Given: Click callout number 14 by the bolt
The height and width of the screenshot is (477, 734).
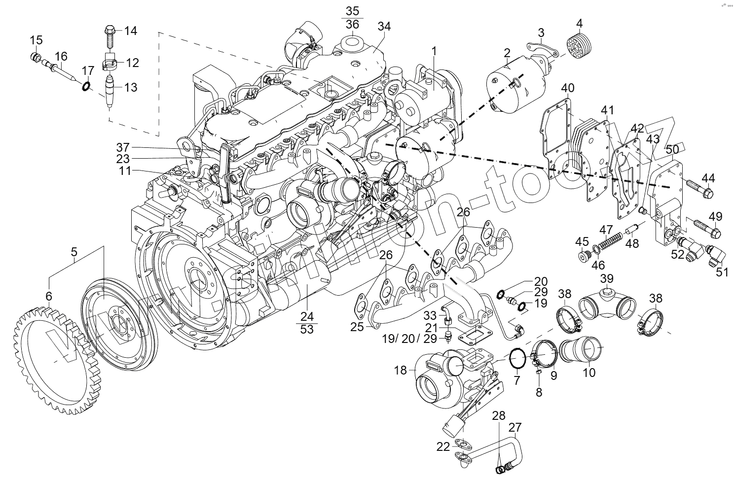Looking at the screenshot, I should (130, 31).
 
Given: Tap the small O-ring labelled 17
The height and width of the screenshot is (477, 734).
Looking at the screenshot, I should (86, 86).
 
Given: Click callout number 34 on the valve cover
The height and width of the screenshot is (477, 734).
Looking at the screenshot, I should (384, 27).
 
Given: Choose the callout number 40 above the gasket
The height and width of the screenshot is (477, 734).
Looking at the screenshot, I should (568, 89).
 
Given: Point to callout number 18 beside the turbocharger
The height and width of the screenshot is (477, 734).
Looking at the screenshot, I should (401, 370).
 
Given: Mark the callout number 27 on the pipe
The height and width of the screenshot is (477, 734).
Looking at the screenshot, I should (515, 427).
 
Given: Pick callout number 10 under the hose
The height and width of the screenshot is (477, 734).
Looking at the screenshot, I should (589, 373).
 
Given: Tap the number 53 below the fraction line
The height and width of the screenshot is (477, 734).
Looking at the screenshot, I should (307, 329).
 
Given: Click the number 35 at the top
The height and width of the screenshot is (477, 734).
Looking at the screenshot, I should (353, 11).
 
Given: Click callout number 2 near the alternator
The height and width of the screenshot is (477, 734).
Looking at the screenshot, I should (507, 53).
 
